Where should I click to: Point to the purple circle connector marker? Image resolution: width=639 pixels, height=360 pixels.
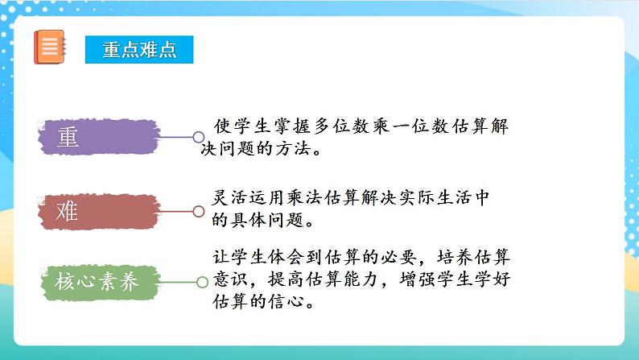point(198,137)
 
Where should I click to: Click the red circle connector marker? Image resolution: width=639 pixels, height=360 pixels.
point(198,211)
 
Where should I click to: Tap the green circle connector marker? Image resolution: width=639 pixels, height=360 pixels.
point(202,282)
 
